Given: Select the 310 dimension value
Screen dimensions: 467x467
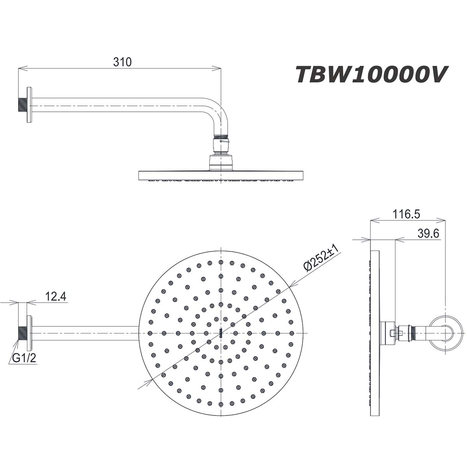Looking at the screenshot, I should (123, 62).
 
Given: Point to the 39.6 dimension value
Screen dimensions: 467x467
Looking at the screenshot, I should (428, 233).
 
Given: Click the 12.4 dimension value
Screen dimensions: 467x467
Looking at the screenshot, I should (56, 297).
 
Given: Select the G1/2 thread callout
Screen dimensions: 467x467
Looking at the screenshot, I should (24, 358).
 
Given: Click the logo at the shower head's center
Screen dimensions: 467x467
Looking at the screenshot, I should (221, 333).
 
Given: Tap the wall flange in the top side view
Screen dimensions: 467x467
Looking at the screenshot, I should (29, 105).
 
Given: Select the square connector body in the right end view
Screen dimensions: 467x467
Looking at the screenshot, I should (387, 333).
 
